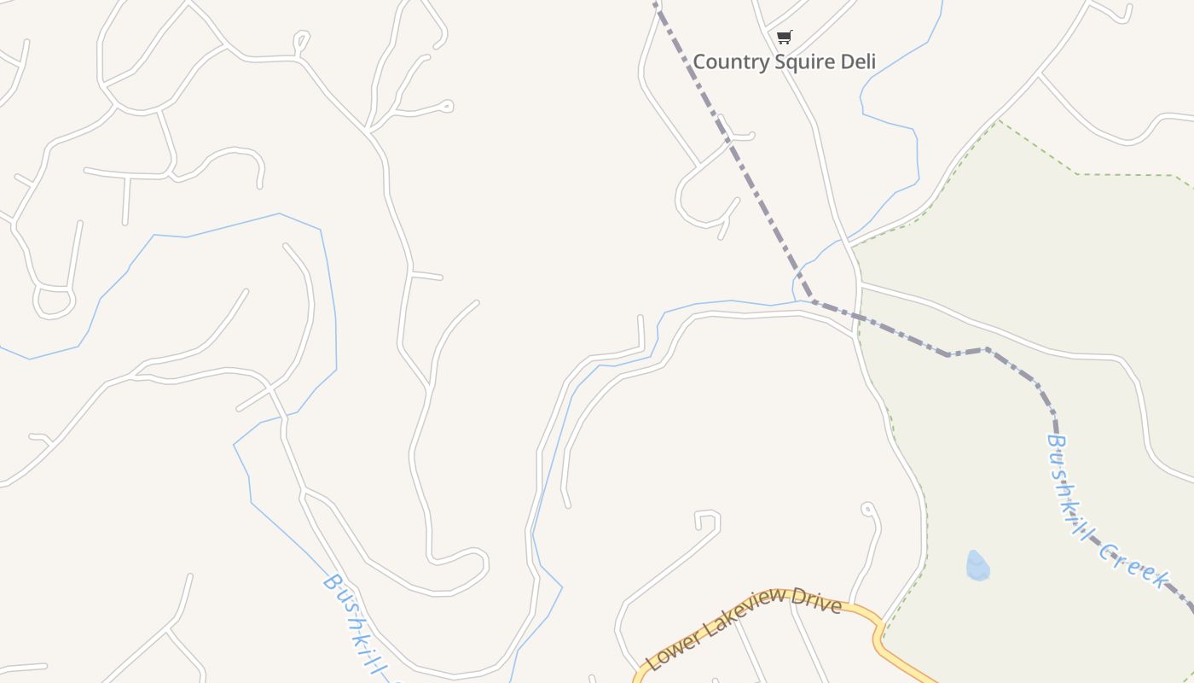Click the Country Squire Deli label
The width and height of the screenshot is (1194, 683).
click(x=784, y=61)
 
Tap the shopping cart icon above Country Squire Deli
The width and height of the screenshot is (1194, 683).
click(x=784, y=37)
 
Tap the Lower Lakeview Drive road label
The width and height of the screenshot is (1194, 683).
click(x=744, y=628)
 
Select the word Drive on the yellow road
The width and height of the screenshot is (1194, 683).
click(x=817, y=599)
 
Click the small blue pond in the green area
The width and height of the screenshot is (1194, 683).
click(x=977, y=566)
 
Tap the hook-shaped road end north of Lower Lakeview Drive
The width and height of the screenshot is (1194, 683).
click(x=707, y=516)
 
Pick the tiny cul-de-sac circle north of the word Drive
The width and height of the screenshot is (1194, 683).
click(x=867, y=509)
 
